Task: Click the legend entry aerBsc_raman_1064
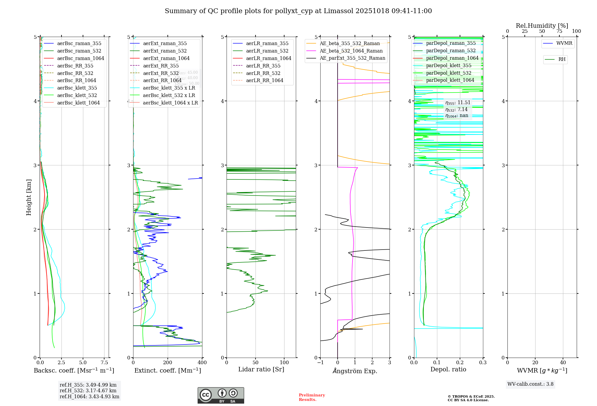(81, 58)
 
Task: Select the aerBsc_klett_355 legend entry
(77, 88)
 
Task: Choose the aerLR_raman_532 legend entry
(267, 51)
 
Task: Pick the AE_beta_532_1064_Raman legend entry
(351, 51)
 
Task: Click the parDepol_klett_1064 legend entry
(450, 80)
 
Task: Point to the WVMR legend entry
(564, 43)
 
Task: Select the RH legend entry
(562, 59)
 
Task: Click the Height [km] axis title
(29, 197)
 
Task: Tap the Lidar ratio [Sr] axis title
(261, 370)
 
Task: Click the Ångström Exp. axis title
(355, 371)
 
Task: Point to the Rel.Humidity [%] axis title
(542, 26)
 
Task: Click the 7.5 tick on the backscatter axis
(104, 363)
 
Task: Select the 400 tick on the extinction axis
(202, 363)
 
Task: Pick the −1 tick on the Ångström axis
(320, 363)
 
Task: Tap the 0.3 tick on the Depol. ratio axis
(483, 363)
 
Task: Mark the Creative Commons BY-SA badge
(221, 395)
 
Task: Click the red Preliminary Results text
(312, 397)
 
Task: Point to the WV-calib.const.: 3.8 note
(530, 384)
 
